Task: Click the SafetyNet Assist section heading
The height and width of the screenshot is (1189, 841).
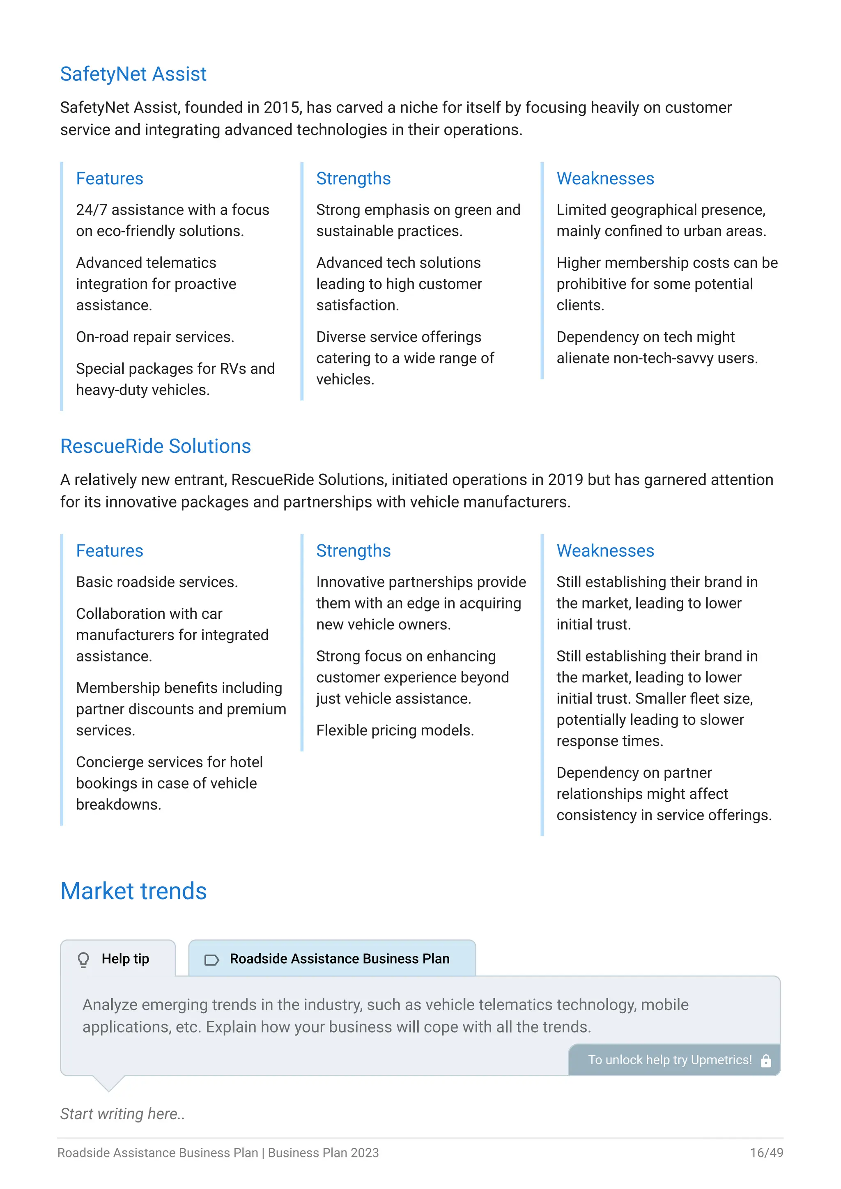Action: click(x=133, y=74)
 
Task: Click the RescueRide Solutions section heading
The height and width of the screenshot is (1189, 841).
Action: click(x=155, y=446)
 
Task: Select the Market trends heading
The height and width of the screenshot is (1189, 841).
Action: click(x=133, y=891)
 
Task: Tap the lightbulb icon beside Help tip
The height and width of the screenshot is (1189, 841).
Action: click(x=83, y=959)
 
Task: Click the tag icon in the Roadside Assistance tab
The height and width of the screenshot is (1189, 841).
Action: click(x=211, y=959)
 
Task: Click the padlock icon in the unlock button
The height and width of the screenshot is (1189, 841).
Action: click(x=766, y=1060)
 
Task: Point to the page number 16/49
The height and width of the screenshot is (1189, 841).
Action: click(x=766, y=1153)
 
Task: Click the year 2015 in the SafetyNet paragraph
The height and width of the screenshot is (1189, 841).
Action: click(x=282, y=108)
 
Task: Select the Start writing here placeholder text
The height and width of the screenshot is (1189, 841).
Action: click(x=122, y=1114)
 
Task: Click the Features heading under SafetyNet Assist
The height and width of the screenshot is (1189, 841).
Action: click(x=109, y=179)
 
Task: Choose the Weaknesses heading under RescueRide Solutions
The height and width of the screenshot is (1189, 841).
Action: click(x=605, y=551)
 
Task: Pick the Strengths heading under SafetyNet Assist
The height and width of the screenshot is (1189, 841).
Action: click(x=353, y=179)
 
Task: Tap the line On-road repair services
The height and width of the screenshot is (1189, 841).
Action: click(x=155, y=337)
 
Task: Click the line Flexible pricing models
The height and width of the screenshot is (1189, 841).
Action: click(x=395, y=731)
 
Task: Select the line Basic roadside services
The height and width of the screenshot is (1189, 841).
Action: click(x=156, y=582)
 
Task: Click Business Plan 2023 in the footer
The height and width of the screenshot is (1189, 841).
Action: click(x=323, y=1153)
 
